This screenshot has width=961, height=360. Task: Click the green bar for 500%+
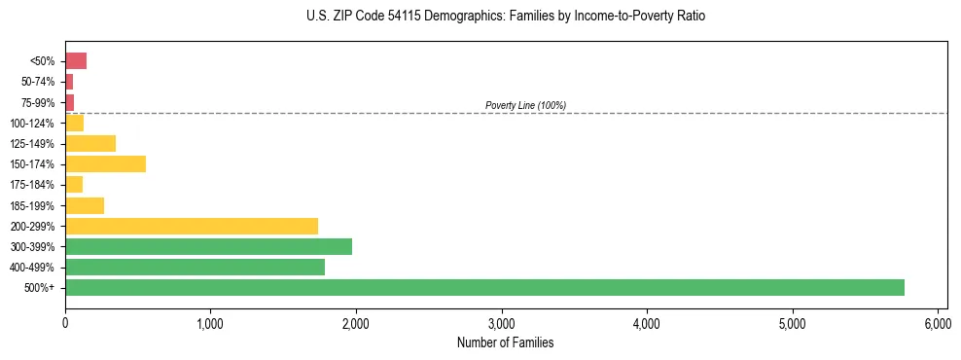click(x=484, y=287)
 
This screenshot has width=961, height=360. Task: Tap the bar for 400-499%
click(x=195, y=267)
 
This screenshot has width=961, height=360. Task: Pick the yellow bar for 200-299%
click(x=192, y=226)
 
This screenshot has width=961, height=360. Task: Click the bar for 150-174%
click(x=105, y=163)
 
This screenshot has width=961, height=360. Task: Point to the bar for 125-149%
click(x=90, y=143)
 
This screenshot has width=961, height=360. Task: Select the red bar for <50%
click(x=76, y=61)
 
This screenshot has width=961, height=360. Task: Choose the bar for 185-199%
click(x=85, y=205)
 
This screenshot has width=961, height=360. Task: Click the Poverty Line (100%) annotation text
click(x=525, y=105)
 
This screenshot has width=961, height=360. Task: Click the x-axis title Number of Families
click(x=505, y=342)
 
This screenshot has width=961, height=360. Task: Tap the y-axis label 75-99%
click(x=39, y=102)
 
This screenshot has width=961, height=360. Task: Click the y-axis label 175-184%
click(x=33, y=185)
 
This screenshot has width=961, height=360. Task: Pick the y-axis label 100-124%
click(x=33, y=123)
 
